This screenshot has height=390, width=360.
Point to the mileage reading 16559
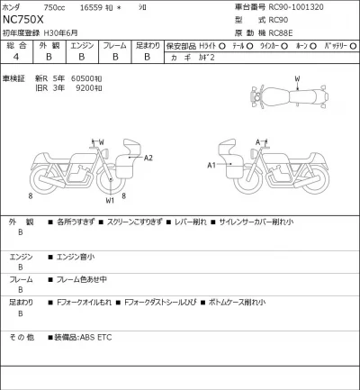[x=94, y=6]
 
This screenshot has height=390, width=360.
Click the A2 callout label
[x=149, y=158]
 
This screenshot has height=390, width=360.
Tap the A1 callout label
[x=212, y=165]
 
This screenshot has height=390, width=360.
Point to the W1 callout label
[x=110, y=200]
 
